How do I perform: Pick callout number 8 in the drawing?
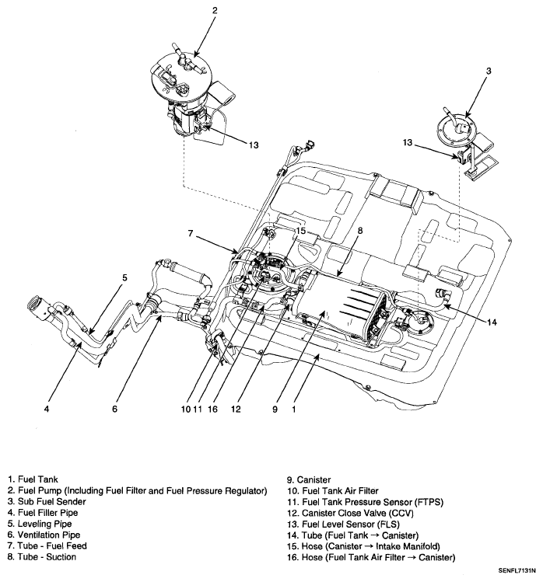pos(360,231)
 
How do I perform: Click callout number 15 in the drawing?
pos(301,231)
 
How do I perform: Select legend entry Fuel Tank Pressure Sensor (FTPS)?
pos(365,502)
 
